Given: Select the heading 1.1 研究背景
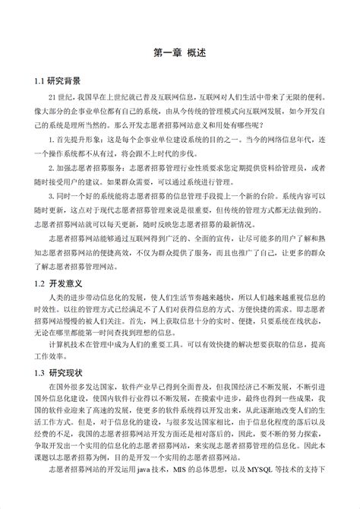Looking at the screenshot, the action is point(57,79).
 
